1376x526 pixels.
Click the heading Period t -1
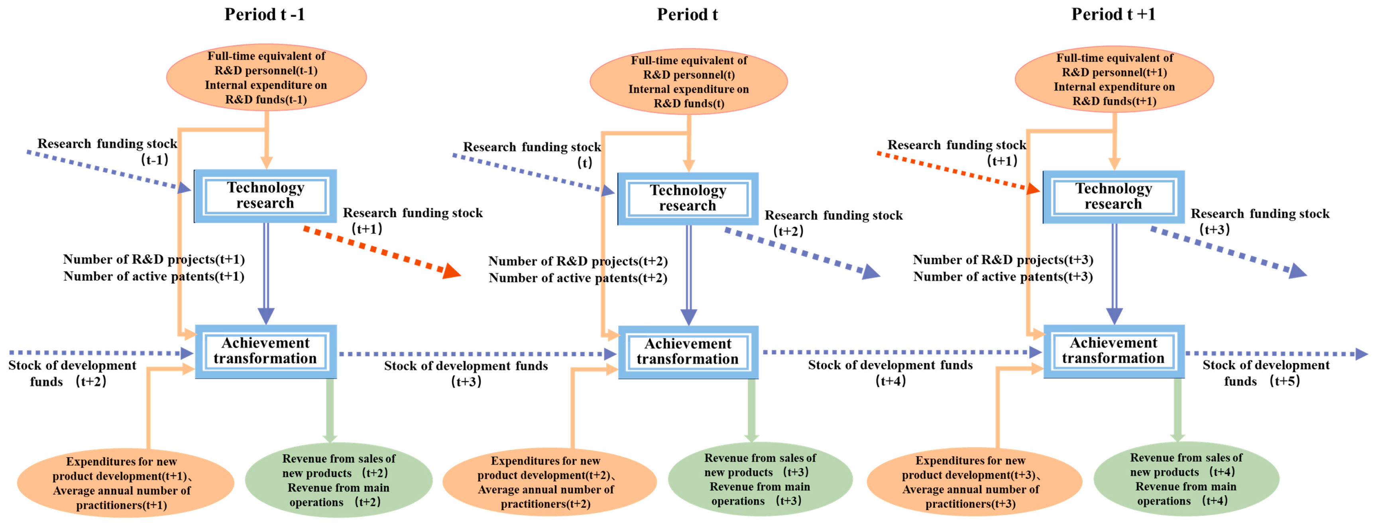pos(264,14)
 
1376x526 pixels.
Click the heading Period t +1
pos(1113,14)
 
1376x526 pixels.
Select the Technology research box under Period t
pos(688,198)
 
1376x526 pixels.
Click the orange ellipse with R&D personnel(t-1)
pos(266,77)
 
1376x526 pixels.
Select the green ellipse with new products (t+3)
pos(760,479)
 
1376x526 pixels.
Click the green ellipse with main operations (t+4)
pos(1186,479)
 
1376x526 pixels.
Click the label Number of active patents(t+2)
pos(578,278)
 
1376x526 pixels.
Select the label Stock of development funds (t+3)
pos(466,373)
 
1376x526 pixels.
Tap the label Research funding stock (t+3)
pos(1260,220)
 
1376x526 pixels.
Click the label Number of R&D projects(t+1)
pos(154,259)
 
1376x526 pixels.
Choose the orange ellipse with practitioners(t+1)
pos(125,483)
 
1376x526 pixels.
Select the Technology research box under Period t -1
pos(265,195)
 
